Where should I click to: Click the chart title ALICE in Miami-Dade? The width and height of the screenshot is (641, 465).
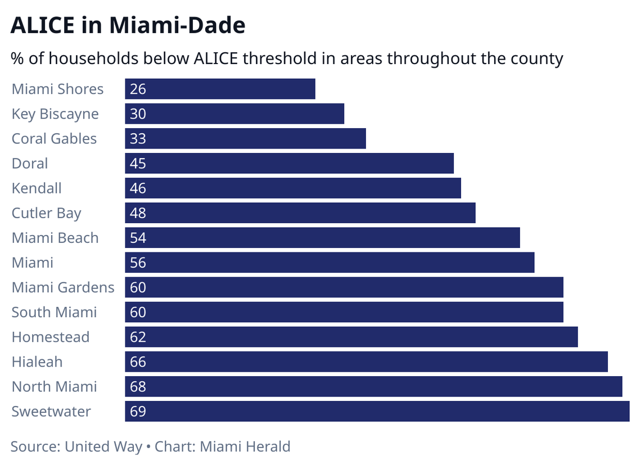click(x=128, y=26)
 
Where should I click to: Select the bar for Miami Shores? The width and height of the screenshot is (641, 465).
click(x=220, y=89)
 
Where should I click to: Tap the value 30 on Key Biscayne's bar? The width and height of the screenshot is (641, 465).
click(x=138, y=114)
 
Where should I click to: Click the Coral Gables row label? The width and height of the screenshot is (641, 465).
click(x=54, y=139)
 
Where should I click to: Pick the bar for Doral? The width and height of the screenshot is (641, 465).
click(x=289, y=164)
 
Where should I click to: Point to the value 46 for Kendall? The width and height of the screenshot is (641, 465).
click(x=138, y=188)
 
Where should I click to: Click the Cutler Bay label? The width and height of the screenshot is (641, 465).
click(x=46, y=213)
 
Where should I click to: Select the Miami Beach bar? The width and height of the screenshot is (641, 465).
click(x=322, y=238)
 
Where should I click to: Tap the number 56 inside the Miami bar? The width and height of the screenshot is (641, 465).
click(x=138, y=263)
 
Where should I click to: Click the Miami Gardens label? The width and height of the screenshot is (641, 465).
click(x=63, y=287)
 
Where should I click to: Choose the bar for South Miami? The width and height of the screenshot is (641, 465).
click(x=344, y=312)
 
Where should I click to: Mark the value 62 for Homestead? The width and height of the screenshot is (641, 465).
click(x=138, y=337)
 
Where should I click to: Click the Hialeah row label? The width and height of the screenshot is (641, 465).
click(x=37, y=362)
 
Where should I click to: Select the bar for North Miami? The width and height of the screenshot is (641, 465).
click(x=373, y=386)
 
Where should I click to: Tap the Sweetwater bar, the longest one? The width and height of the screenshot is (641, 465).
click(x=377, y=411)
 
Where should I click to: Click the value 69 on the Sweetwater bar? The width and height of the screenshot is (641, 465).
click(x=138, y=411)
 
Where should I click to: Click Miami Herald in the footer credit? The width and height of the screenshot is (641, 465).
click(x=245, y=447)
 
